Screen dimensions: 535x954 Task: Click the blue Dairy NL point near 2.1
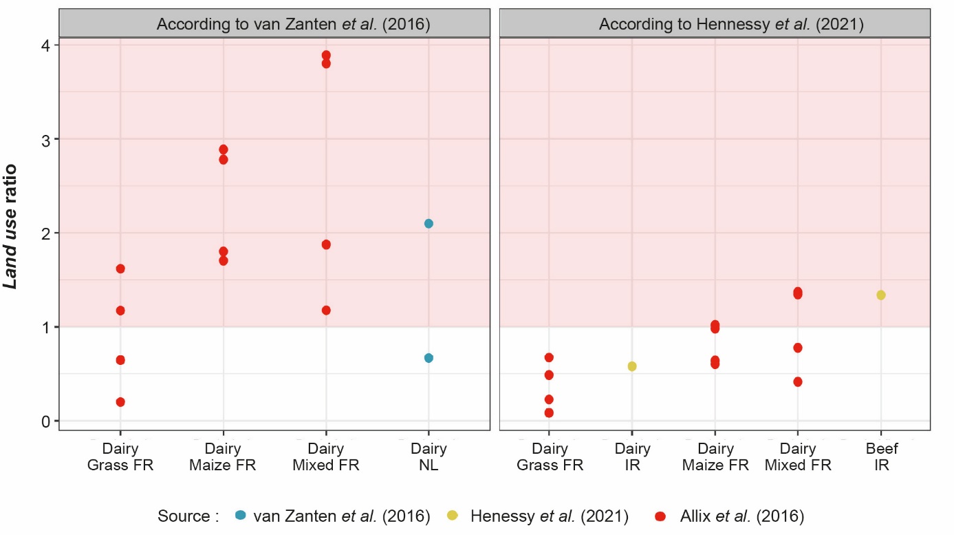(429, 224)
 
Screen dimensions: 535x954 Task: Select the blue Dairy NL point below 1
(429, 358)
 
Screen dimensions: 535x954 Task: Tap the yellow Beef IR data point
(881, 295)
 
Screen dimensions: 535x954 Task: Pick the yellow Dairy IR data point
(632, 366)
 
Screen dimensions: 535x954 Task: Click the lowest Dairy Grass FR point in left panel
(120, 402)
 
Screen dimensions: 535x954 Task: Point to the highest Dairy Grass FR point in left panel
(120, 269)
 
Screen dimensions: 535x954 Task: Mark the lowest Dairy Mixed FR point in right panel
(798, 381)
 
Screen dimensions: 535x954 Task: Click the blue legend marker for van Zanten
(240, 516)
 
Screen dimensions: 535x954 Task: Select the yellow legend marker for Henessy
(453, 516)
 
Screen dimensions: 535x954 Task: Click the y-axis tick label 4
(45, 45)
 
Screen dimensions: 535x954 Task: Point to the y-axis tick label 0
(45, 421)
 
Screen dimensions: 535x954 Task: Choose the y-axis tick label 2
(45, 233)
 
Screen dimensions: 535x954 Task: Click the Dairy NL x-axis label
(429, 457)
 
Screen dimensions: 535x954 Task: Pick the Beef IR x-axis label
(881, 457)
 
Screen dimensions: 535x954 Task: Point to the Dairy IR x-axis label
(632, 457)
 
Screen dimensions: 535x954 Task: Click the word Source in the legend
(183, 516)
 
